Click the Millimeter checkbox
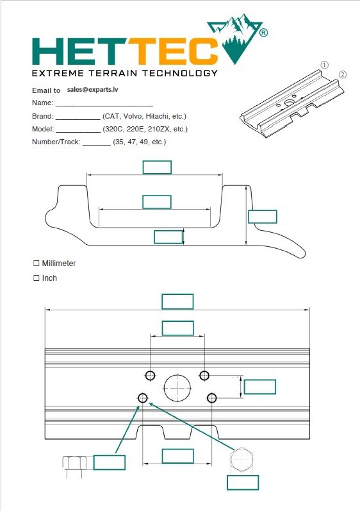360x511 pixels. (36, 264)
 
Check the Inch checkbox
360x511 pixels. (36, 278)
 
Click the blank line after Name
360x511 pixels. (104, 103)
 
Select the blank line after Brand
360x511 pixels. (78, 117)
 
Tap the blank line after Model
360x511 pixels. (78, 130)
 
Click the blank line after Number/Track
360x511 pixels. (97, 142)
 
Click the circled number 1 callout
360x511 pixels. (325, 65)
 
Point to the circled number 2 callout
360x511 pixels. (343, 74)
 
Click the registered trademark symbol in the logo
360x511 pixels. (264, 31)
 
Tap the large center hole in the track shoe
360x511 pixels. (177, 387)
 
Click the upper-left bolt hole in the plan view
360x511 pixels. (151, 375)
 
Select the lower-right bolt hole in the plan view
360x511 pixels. (212, 398)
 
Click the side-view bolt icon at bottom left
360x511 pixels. (75, 464)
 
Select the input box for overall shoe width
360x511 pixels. (177, 301)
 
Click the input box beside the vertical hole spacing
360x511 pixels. (260, 387)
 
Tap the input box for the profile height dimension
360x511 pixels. (263, 216)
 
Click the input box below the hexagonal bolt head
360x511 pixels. (243, 482)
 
